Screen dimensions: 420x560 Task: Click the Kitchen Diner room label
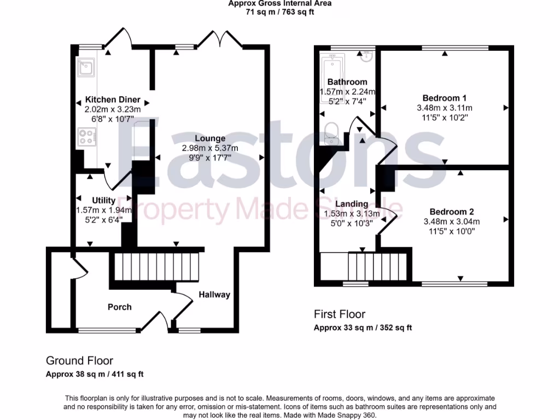[113, 100]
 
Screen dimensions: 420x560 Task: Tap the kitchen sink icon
[86, 67]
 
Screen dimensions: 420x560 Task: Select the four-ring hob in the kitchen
[86, 137]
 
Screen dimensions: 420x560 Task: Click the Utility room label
[103, 201]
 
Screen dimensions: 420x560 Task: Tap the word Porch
[119, 307]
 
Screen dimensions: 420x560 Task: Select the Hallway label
[214, 295]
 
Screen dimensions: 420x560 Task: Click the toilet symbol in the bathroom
[331, 133]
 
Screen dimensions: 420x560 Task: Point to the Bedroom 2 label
[451, 212]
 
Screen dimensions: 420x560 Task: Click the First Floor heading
[339, 314]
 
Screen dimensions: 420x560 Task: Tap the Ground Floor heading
[79, 361]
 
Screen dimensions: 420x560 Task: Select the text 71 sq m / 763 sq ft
[279, 11]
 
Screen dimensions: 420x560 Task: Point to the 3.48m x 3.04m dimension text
[451, 222]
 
